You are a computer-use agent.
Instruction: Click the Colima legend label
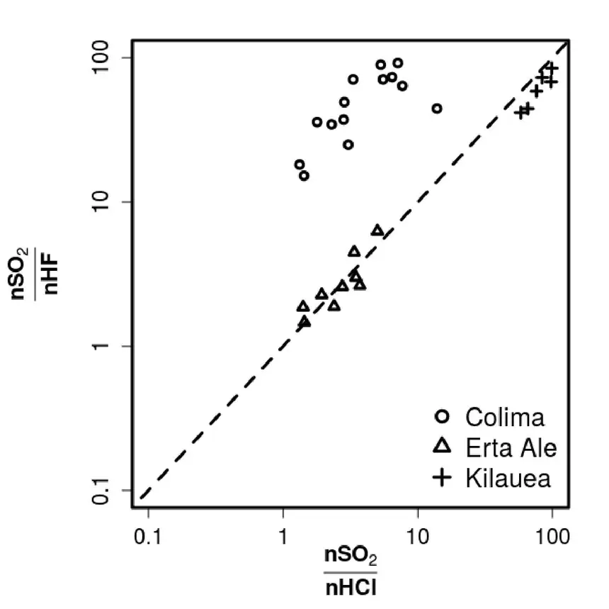coord(504,418)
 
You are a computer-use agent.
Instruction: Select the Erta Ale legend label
coord(511,447)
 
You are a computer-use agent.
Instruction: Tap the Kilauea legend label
coord(508,478)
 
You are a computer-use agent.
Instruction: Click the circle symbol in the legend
coord(442,416)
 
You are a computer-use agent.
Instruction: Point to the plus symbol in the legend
coord(442,478)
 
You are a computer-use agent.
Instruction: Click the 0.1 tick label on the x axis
coord(147,537)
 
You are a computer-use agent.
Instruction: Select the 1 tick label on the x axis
coord(283,537)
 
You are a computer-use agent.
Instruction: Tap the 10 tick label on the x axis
coord(418,537)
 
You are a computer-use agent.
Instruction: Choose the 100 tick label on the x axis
coord(552,537)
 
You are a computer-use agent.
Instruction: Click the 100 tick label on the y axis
coord(101,57)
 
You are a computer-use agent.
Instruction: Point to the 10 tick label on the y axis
coord(101,201)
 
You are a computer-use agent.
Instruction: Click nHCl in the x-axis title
coord(351,587)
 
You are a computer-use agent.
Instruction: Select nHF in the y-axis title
coord(50,274)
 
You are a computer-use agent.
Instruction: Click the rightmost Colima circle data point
coord(437,108)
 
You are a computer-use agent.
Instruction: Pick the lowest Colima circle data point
coord(304,176)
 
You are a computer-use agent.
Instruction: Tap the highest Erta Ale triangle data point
coord(377,231)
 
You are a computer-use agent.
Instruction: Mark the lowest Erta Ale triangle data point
coord(305,322)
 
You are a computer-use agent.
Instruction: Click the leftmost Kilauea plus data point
coord(521,113)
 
